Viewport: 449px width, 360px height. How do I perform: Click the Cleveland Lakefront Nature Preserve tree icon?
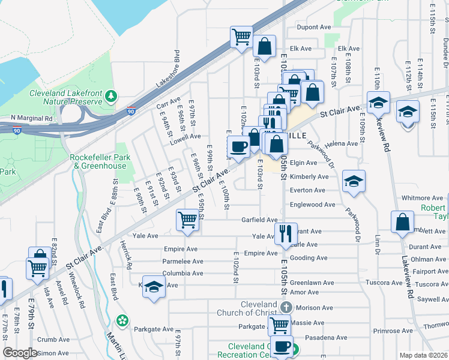point(110,96)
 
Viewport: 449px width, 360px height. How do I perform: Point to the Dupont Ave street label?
point(315,27)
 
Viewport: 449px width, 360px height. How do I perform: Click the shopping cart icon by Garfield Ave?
point(187,220)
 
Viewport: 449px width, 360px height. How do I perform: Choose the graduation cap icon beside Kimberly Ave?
point(354,181)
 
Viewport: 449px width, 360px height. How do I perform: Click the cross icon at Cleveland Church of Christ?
point(286,307)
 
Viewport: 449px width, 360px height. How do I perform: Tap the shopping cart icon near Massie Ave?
point(279,325)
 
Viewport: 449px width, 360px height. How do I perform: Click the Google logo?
point(20,353)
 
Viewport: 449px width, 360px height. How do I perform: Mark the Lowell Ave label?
point(185,136)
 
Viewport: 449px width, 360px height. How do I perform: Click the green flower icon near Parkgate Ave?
point(122,320)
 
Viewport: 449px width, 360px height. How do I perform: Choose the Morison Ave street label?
point(313,308)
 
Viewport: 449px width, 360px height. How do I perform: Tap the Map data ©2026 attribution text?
point(423,355)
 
